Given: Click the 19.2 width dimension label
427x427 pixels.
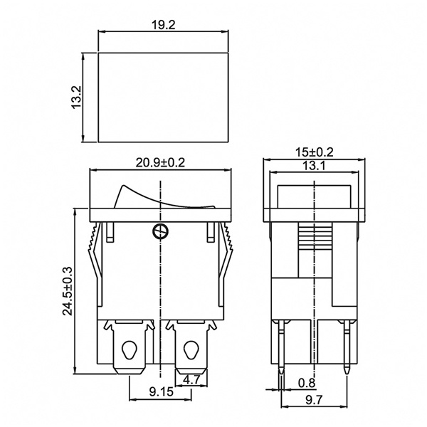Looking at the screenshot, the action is pos(163,25).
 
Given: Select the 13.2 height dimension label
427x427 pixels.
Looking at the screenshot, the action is pos(77,97).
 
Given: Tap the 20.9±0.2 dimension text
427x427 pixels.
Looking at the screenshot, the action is pos(160,163).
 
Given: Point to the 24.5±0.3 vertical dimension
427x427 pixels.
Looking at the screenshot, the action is pos(68,291).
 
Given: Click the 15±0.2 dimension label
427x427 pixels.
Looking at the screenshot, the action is pos(315,152).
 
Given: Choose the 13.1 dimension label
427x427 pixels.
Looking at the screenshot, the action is pos(314,166).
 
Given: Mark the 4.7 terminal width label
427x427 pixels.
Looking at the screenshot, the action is pos(191,379).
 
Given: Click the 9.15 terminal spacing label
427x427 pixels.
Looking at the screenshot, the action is pos(162,392).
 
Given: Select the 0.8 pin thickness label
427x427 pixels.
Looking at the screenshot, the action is pos(307,383).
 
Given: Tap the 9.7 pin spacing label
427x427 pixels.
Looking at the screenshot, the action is pos(314,400).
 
